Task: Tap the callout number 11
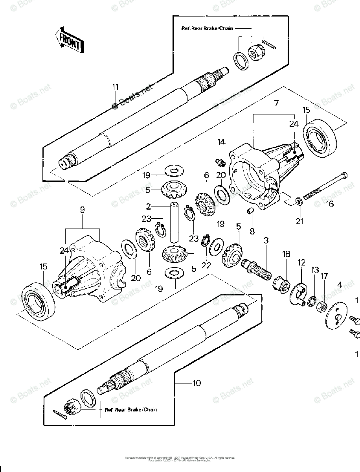coord(115,87)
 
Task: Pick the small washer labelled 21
coord(299,202)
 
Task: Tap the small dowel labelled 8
coord(249,212)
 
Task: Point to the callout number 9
coord(82,210)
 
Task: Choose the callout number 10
coord(197,383)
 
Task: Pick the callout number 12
coord(301,262)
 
